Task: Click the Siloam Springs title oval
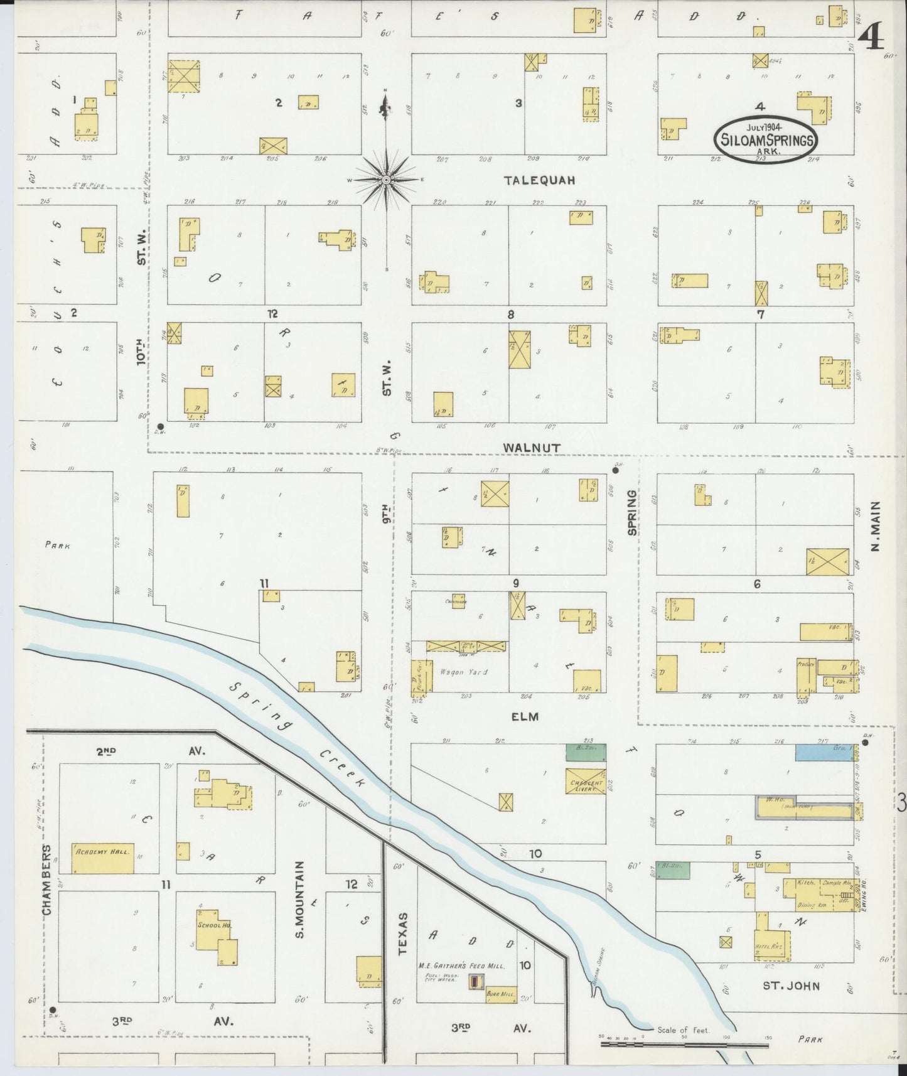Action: tap(766, 139)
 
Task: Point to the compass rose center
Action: tap(386, 180)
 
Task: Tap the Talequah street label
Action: tap(539, 180)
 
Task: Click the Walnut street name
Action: tap(531, 447)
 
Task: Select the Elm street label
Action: tap(525, 716)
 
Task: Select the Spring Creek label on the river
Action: tap(298, 733)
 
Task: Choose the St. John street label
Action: tap(790, 986)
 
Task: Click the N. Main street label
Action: tap(875, 526)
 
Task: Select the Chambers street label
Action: tap(46, 878)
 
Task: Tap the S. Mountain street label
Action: tap(299, 900)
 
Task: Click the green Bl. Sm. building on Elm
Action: tap(586, 749)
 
